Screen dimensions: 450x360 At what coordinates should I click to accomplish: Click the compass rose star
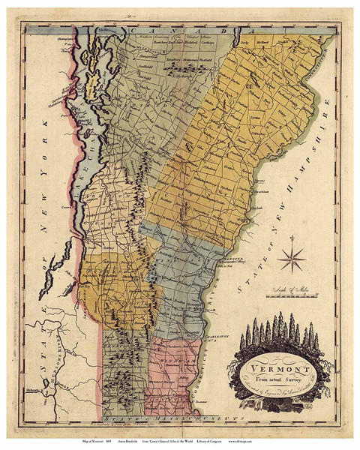coord(291,261)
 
